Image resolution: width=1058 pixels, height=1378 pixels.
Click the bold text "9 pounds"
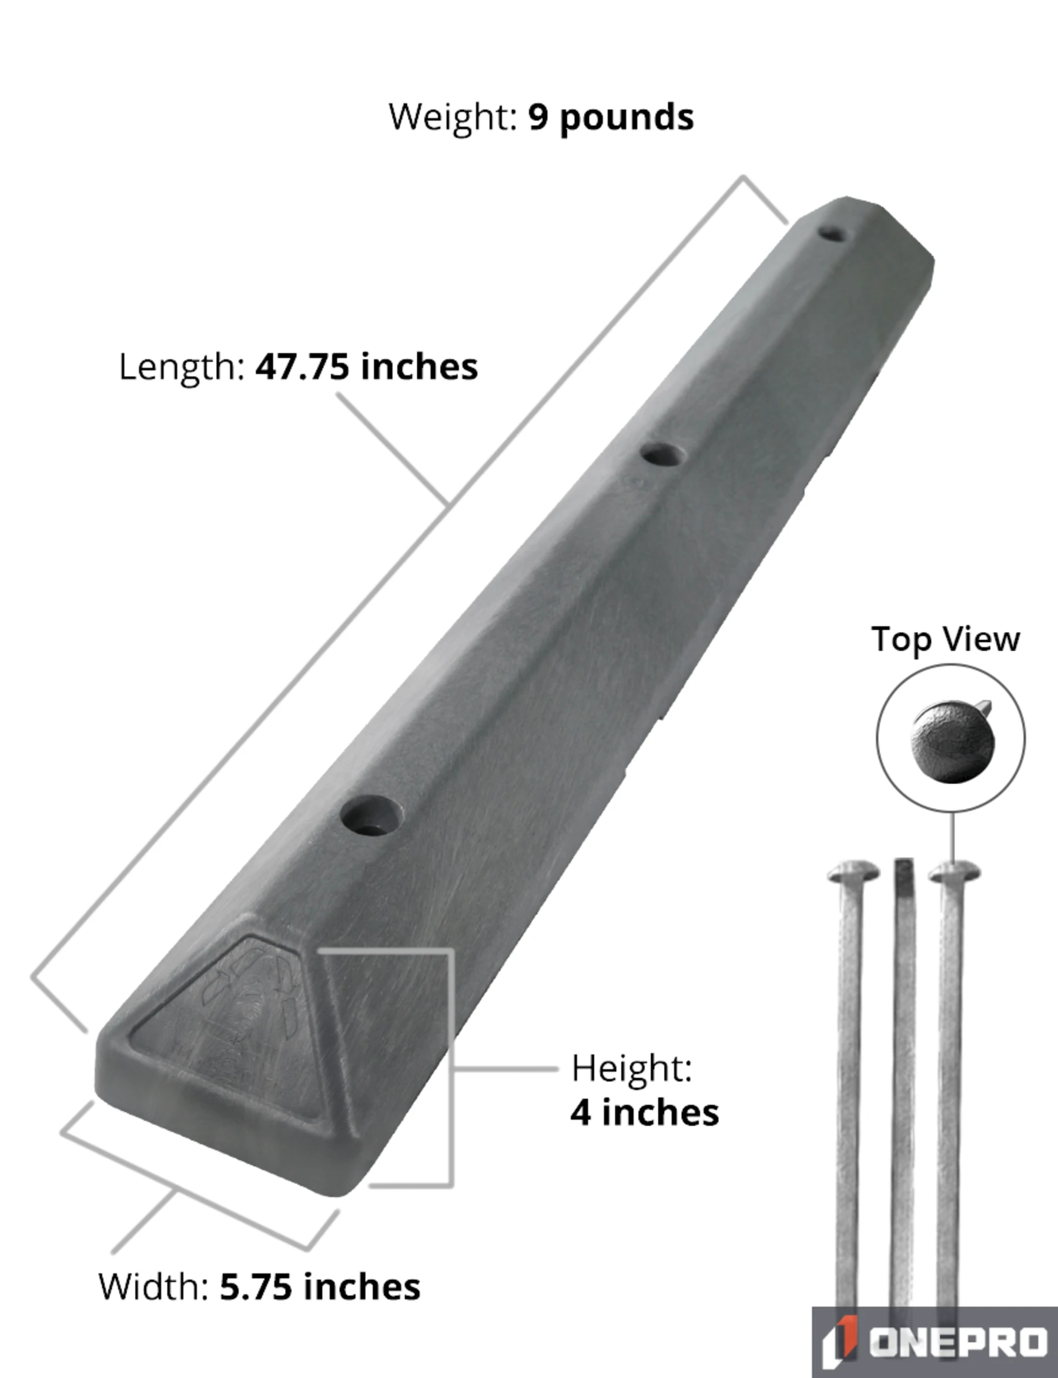click(x=611, y=118)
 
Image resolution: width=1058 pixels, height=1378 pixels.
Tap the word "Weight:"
click(x=453, y=118)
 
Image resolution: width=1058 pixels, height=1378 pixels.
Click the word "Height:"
click(x=632, y=1069)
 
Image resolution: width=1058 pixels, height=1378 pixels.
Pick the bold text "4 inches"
click(x=645, y=1113)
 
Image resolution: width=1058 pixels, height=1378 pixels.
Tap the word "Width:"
click(x=153, y=1286)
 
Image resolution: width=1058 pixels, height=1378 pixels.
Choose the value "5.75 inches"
click(x=320, y=1286)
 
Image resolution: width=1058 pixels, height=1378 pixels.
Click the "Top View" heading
click(x=945, y=640)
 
